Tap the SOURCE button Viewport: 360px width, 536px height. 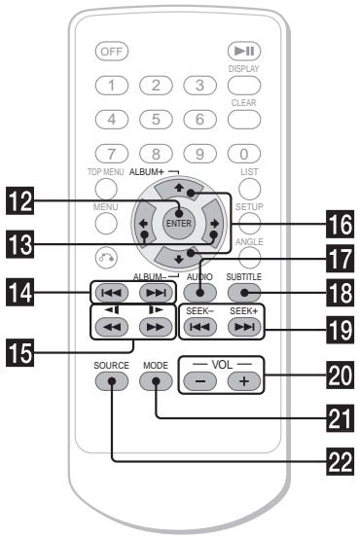[110, 379]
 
